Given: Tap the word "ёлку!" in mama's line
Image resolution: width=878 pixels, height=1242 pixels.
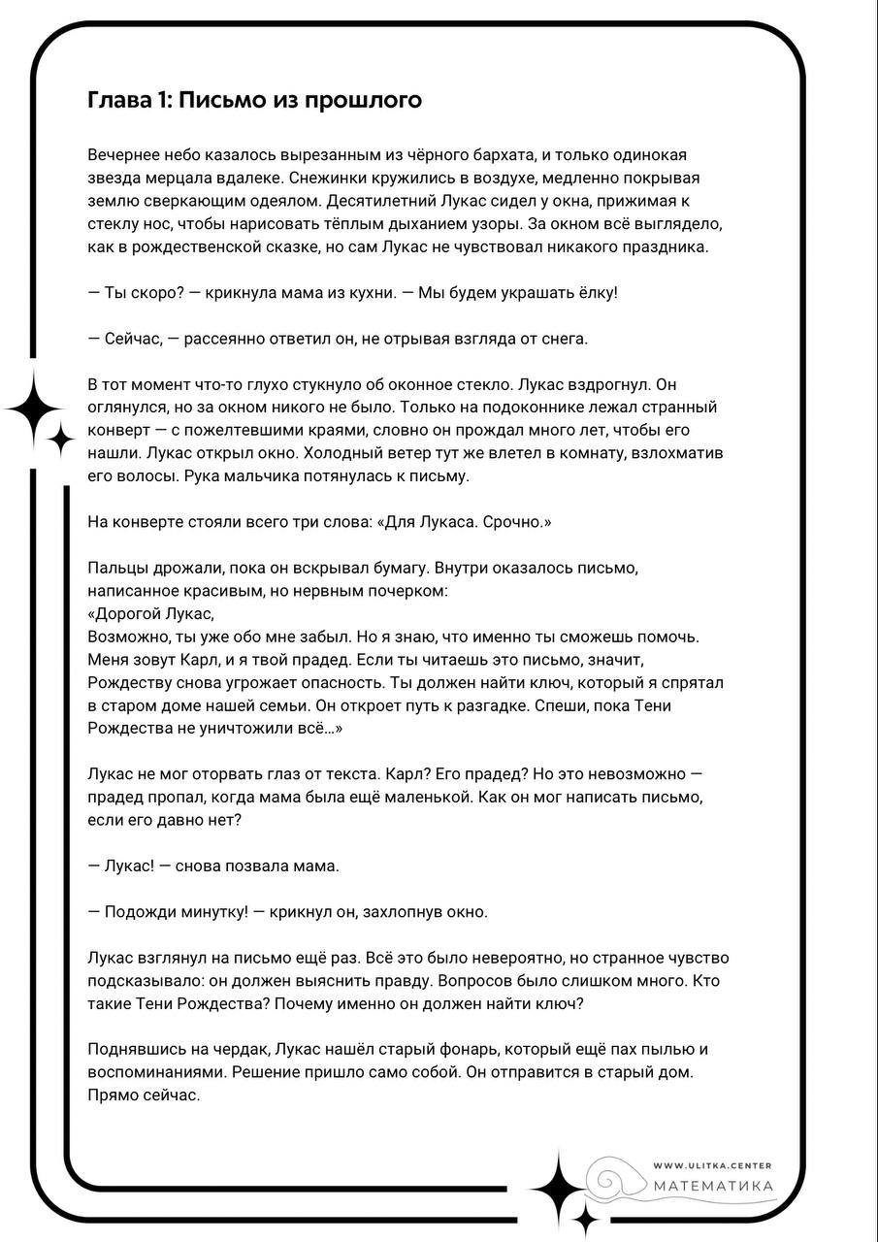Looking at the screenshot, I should pyautogui.click(x=595, y=292).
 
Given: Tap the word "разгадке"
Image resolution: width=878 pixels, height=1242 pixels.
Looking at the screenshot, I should pyautogui.click(x=491, y=705).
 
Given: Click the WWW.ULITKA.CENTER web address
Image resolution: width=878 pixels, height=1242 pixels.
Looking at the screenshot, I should pyautogui.click(x=713, y=1165).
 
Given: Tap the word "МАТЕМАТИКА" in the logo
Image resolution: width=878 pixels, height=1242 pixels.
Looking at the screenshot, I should pyautogui.click(x=713, y=1186).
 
